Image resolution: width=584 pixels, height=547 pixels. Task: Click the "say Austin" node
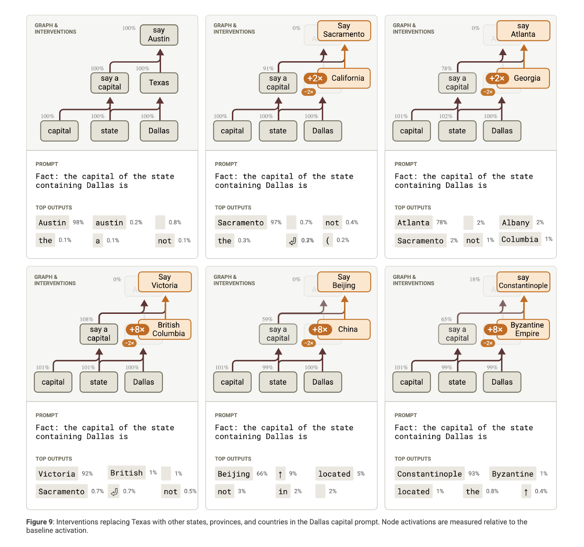(159, 35)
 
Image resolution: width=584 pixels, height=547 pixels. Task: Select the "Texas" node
(159, 83)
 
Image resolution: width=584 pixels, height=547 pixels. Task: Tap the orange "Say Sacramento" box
(344, 30)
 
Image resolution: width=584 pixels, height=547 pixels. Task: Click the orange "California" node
(347, 78)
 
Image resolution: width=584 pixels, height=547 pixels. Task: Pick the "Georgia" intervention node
(527, 78)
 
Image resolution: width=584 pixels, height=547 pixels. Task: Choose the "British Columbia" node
(168, 329)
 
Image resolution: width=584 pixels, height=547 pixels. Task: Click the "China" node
(347, 329)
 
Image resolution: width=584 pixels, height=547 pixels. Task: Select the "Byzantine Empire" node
(527, 329)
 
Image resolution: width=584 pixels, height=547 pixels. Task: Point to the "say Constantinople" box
(523, 282)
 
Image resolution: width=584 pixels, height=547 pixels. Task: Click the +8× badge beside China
(320, 330)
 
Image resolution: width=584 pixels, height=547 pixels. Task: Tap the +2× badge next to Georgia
(497, 78)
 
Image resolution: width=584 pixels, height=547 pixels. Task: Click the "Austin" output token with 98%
(52, 223)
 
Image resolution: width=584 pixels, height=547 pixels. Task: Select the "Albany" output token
(515, 223)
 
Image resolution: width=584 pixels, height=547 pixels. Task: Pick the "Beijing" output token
(234, 474)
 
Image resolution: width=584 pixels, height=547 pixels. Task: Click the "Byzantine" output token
(512, 474)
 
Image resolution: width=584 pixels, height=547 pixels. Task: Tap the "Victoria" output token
(57, 474)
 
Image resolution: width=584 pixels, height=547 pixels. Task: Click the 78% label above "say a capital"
(446, 69)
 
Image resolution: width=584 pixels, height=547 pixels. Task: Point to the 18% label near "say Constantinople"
(474, 280)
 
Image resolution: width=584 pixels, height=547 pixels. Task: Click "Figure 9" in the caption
(36, 522)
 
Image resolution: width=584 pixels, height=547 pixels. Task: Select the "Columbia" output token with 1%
(519, 239)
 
